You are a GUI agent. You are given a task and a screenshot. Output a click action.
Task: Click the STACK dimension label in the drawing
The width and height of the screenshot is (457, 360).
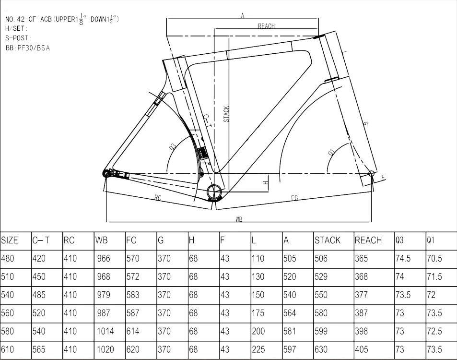[226, 114]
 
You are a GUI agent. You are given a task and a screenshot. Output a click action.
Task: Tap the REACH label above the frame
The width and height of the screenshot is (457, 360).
[266, 26]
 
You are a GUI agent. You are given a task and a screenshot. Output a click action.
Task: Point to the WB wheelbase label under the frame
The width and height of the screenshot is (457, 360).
[239, 219]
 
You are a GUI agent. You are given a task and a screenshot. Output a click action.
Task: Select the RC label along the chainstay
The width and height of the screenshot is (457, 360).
[158, 197]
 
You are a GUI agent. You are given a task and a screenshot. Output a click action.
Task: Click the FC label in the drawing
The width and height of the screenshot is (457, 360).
[294, 198]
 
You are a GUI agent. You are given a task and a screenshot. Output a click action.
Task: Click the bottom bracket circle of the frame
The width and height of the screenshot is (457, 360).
[214, 193]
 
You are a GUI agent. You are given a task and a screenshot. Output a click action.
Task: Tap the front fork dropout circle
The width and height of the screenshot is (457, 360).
[370, 173]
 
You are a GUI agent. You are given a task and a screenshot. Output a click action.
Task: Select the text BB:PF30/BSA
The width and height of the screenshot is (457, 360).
[27, 48]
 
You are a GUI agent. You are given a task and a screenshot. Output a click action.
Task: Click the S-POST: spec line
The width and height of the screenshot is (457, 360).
[18, 38]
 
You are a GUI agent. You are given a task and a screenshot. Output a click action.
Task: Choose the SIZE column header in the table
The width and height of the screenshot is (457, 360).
[10, 240]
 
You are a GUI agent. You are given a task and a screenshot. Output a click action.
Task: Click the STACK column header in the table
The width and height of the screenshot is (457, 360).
[328, 240]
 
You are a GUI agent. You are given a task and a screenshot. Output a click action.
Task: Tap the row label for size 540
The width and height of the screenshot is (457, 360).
[8, 295]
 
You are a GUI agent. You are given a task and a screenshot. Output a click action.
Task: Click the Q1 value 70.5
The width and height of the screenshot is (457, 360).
[434, 259]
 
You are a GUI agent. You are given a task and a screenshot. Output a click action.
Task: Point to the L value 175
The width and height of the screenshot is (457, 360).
[258, 313]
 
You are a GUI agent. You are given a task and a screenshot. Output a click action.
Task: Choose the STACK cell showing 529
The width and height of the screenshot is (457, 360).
[321, 277]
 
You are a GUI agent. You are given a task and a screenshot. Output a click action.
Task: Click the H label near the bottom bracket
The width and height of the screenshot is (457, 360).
[265, 183]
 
